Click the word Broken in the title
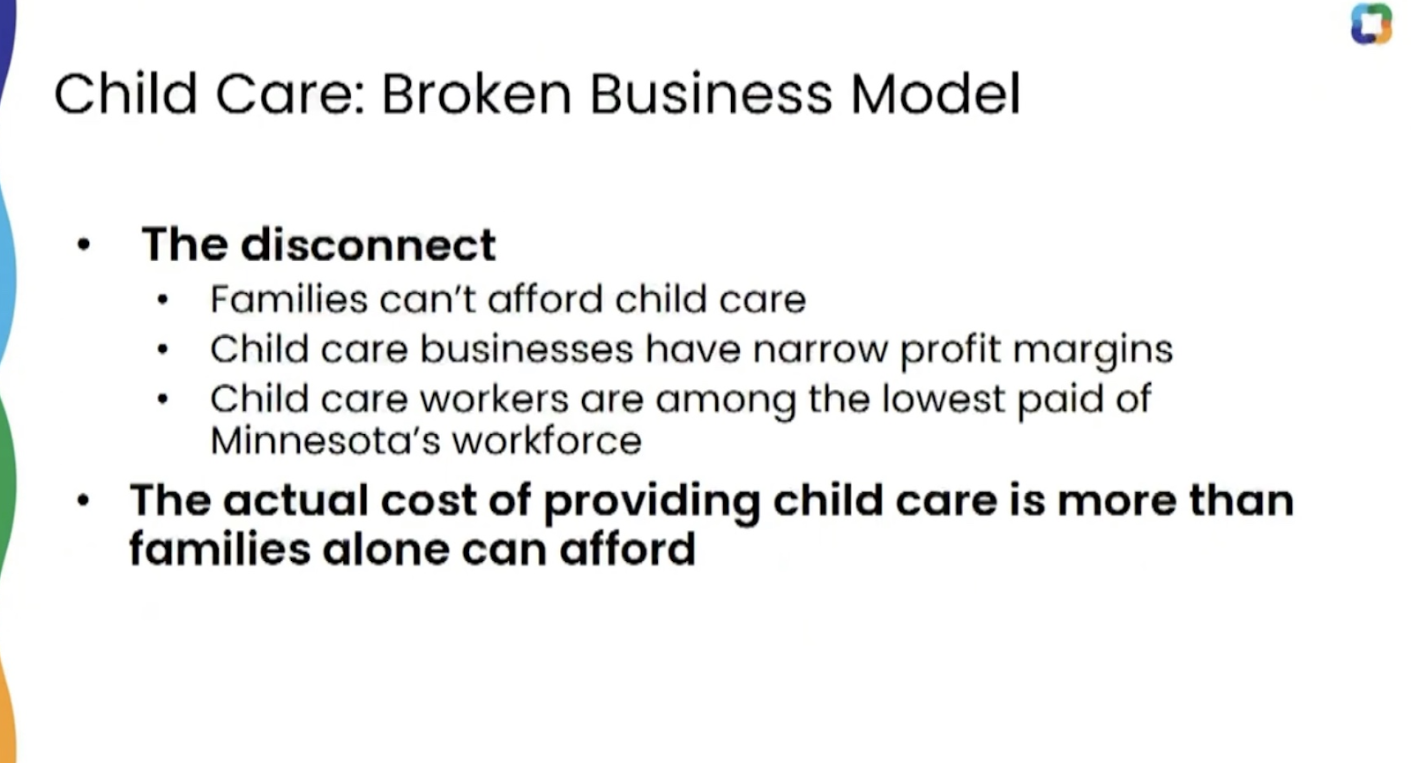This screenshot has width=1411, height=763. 476,94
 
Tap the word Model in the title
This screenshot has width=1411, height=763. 936,94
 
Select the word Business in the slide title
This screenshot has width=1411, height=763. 711,94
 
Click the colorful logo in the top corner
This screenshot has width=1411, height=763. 1370,24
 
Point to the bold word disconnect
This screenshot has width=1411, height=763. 369,243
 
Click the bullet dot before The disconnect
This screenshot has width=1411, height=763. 83,244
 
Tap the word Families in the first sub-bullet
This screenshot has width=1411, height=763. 289,299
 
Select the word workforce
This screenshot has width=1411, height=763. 548,440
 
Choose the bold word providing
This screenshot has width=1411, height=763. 652,502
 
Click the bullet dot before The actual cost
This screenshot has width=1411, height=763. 83,501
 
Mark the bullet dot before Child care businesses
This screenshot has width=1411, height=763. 162,349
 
